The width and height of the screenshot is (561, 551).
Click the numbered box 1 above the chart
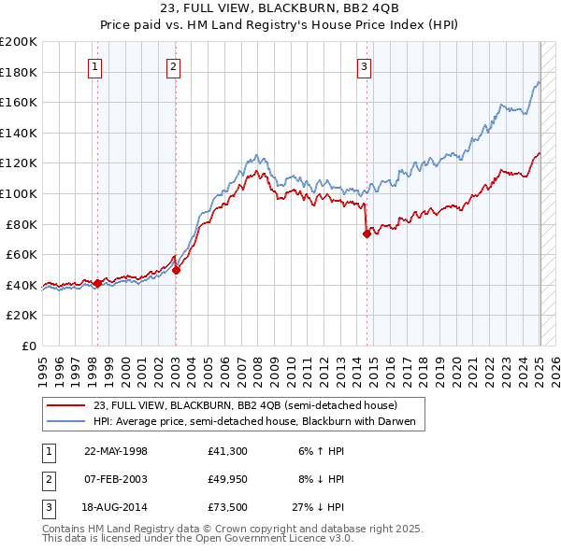(97, 65)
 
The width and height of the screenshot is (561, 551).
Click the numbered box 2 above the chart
(175, 65)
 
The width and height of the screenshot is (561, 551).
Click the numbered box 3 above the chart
(364, 65)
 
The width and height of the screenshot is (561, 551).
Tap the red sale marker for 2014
(367, 234)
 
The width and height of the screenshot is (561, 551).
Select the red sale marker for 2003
(177, 270)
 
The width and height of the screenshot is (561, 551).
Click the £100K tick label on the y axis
(19, 193)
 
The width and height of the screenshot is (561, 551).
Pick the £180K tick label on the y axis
(19, 72)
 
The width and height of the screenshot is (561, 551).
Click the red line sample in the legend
(66, 405)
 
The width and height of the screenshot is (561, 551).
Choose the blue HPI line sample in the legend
(66, 421)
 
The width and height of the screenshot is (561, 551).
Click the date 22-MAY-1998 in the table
(116, 451)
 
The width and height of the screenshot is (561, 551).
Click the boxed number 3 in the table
(48, 507)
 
